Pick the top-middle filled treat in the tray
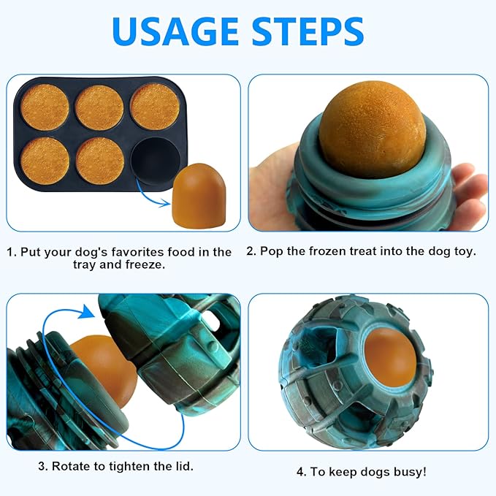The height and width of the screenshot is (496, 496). (100, 107)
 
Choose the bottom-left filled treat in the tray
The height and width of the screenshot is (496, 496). (45, 160)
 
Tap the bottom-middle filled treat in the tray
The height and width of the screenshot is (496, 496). (100, 160)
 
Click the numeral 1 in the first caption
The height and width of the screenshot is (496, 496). (10, 252)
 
